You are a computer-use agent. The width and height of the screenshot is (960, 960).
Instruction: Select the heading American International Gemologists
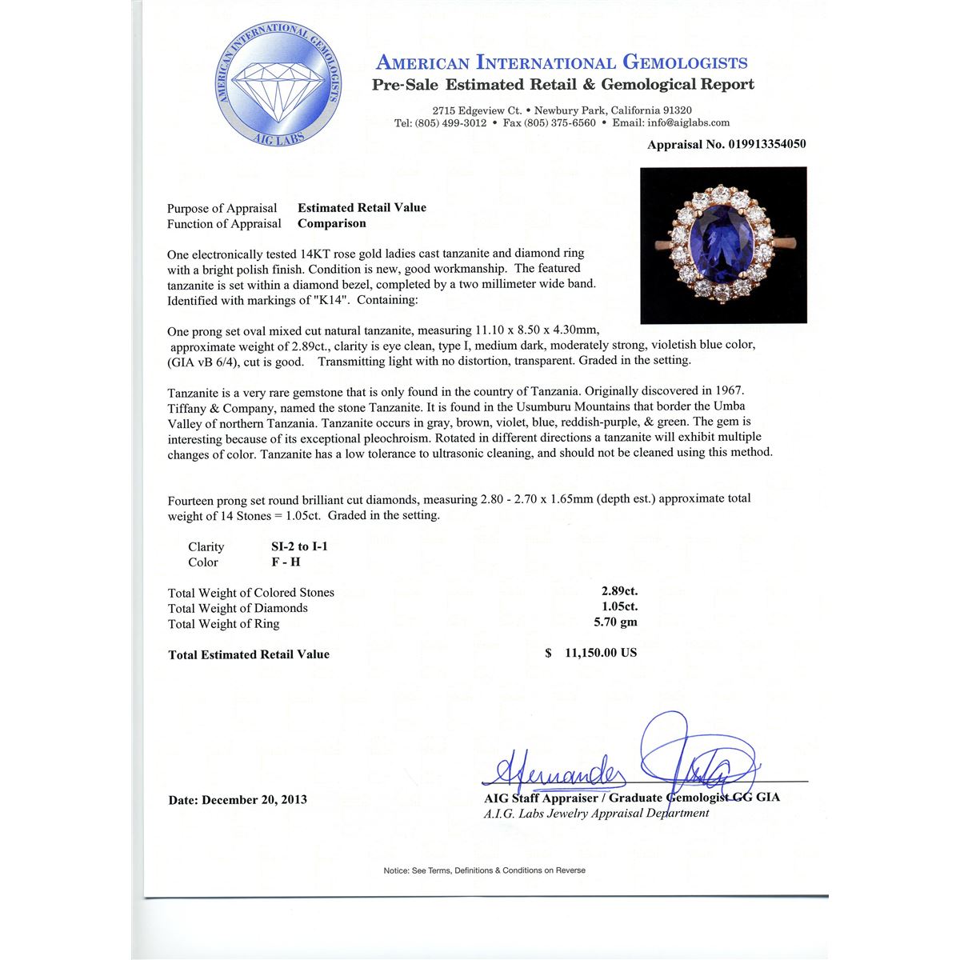[562, 62]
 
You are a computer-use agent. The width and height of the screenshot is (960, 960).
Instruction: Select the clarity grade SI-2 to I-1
[300, 546]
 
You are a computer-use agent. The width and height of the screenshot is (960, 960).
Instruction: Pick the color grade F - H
[286, 562]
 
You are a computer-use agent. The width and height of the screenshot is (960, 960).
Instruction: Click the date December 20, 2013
[238, 800]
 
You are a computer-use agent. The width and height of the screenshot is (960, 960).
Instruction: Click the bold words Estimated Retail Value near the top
[362, 208]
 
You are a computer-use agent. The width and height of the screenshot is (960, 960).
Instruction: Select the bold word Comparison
[332, 224]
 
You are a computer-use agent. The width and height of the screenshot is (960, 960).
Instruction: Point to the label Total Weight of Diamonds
[238, 608]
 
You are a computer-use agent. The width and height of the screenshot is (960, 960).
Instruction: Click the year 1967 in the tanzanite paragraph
[728, 391]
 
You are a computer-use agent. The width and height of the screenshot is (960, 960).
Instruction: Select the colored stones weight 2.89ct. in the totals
[619, 592]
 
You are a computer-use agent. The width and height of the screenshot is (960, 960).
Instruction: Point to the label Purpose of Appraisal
[222, 209]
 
